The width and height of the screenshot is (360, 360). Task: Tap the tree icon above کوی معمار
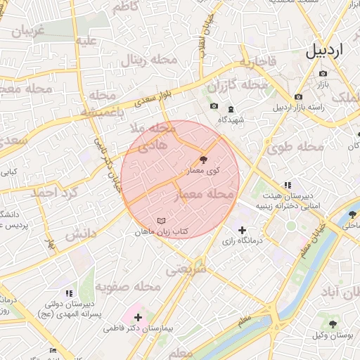coord(204,160)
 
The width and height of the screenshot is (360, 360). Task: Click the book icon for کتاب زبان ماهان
coord(160,221)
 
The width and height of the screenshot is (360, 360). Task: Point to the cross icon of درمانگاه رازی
coord(242,230)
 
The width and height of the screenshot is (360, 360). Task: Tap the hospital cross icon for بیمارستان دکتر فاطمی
coord(137,318)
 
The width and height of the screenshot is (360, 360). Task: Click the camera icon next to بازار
coord(299,96)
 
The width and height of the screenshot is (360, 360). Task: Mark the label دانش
coord(81,234)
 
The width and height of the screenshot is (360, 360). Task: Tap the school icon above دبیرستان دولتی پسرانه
coord(68,292)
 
